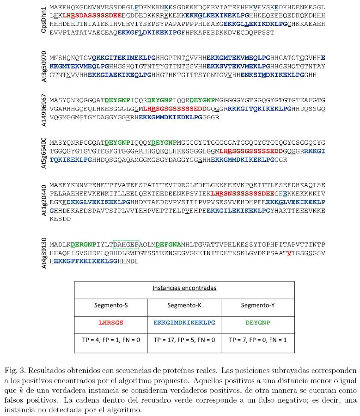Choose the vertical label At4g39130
tap(43, 253)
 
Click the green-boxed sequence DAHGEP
tap(126, 245)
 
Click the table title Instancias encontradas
tap(184, 288)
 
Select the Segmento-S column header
tap(111, 306)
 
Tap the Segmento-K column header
tap(184, 306)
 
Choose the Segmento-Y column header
tap(257, 306)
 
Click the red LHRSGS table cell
tap(111, 323)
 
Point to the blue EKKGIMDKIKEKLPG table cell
tap(184, 323)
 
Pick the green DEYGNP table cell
tap(257, 323)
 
